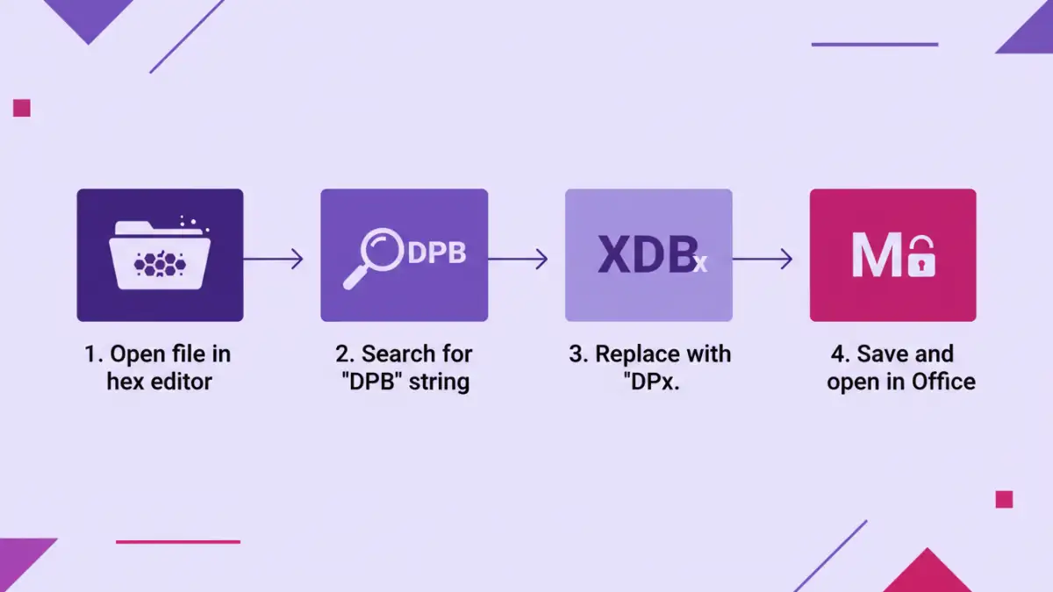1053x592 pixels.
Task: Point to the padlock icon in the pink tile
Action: click(921, 258)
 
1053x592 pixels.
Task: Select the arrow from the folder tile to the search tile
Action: click(273, 259)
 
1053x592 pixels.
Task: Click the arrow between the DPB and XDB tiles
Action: click(518, 259)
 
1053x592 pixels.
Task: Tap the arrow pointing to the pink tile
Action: click(762, 259)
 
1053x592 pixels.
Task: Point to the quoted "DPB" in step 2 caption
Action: click(370, 382)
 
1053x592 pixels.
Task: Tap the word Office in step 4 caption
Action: click(942, 382)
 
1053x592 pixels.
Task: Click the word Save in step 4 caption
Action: click(881, 354)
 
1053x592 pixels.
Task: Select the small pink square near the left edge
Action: click(22, 108)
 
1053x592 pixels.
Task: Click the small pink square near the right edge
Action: click(1004, 499)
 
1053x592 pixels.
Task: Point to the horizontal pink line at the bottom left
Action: click(177, 541)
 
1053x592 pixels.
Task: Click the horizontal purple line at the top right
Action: click(874, 44)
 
